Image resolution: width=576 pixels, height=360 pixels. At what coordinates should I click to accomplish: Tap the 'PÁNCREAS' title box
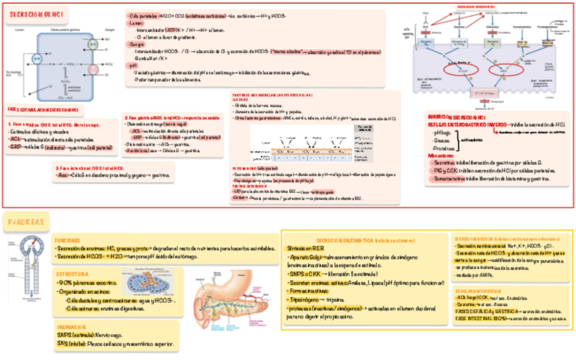point(24,221)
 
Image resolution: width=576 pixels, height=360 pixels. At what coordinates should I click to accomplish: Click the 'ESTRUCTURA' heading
point(71,273)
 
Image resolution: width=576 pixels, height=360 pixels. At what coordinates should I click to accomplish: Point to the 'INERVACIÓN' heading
point(71,327)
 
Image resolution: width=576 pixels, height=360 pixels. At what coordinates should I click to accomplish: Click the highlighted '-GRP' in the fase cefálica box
point(14,146)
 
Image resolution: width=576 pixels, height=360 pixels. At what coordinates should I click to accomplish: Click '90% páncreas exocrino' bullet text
point(86,282)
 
